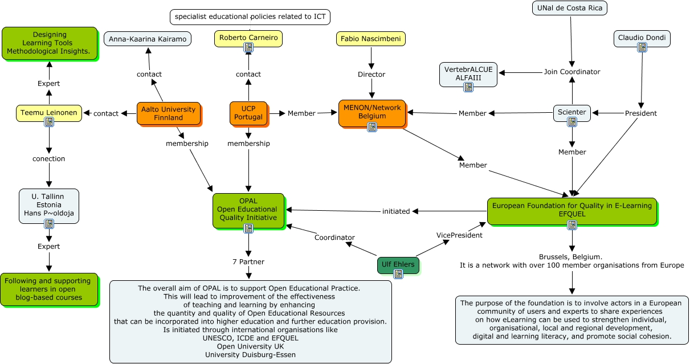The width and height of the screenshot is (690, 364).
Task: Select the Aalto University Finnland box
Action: [169, 113]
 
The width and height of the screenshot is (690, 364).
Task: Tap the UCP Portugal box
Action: [248, 113]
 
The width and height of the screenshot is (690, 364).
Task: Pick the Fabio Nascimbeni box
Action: [371, 39]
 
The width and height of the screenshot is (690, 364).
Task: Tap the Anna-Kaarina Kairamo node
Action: [148, 39]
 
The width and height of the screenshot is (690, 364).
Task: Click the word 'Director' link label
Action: [371, 74]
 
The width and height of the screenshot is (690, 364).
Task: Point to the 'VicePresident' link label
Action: [459, 235]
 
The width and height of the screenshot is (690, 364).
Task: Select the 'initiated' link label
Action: [396, 211]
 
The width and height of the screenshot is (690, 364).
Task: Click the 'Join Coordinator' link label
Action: [572, 72]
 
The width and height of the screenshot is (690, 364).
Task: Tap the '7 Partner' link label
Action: [248, 261]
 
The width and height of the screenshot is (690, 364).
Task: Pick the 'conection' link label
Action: [48, 158]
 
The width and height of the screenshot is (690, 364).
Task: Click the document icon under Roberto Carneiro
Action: [248, 48]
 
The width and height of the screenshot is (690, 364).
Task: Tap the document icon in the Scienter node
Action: [572, 121]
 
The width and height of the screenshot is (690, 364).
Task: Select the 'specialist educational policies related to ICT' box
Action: [250, 17]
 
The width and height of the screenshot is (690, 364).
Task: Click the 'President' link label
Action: [641, 113]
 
